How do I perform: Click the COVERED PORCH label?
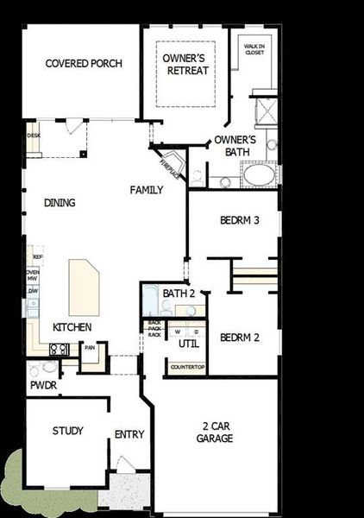(84, 63)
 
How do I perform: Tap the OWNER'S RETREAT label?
(185, 64)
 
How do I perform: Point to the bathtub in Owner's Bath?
(258, 175)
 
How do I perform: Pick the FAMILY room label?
(146, 189)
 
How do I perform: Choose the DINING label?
(60, 203)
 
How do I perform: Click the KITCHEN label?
(72, 327)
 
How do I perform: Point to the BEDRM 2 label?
(239, 337)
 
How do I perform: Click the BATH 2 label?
(179, 294)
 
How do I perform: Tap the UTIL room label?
(188, 344)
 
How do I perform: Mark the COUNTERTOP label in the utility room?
(187, 367)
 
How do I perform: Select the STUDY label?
(67, 431)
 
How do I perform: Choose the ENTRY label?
(129, 434)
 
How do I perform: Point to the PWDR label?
(43, 385)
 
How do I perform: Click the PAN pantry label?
(90, 347)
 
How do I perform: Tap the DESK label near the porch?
(34, 136)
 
